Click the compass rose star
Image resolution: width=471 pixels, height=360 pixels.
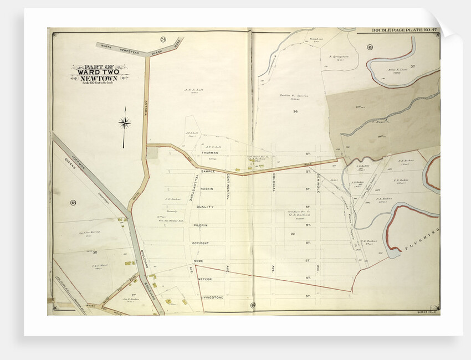click(125, 123)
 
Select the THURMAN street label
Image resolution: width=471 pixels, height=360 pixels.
click(209, 152)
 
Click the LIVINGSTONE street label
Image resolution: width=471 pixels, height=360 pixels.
click(212, 297)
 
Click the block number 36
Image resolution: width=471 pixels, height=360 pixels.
click(295, 112)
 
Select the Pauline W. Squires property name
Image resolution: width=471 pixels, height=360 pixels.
click(293, 95)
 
